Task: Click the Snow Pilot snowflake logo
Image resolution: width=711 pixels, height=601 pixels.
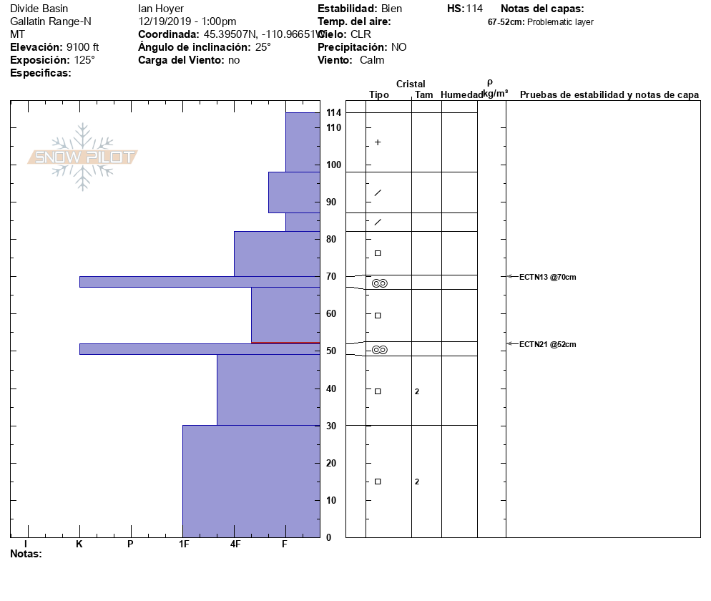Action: pyautogui.click(x=83, y=157)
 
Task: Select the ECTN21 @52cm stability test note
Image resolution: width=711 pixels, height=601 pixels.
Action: pyautogui.click(x=547, y=344)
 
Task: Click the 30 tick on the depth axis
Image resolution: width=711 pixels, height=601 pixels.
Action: pyautogui.click(x=330, y=426)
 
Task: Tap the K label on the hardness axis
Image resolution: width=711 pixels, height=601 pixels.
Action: pyautogui.click(x=79, y=544)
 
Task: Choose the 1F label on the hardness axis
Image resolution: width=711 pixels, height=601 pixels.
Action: pyautogui.click(x=184, y=544)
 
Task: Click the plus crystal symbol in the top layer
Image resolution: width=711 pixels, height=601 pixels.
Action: pyautogui.click(x=378, y=142)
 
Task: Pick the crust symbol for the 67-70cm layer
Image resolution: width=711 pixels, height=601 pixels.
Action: pyautogui.click(x=379, y=283)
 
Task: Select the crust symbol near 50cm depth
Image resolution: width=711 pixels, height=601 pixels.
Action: pyautogui.click(x=379, y=350)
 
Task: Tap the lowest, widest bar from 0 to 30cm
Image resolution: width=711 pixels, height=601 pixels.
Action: pyautogui.click(x=251, y=481)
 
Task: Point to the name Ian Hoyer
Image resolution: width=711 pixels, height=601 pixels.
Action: pyautogui.click(x=161, y=9)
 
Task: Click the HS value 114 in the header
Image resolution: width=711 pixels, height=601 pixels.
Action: pyautogui.click(x=474, y=9)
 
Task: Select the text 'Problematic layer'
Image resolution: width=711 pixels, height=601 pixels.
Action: pyautogui.click(x=560, y=22)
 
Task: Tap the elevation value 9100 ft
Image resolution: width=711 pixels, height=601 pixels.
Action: pyautogui.click(x=82, y=47)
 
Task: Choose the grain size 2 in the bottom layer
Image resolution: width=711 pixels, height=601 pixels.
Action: pyautogui.click(x=417, y=482)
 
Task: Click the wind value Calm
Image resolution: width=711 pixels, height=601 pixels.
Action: pyautogui.click(x=372, y=60)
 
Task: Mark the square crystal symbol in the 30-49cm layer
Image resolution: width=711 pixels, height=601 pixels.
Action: pyautogui.click(x=378, y=391)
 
